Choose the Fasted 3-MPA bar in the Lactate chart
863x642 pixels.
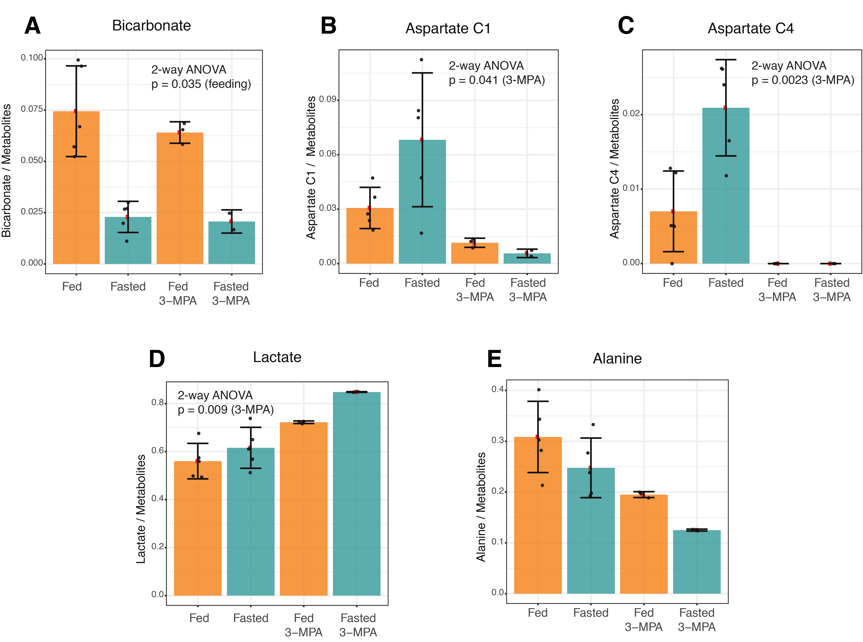[x=356, y=493]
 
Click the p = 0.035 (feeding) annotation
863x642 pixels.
[x=201, y=84]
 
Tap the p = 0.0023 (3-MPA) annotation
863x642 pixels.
[x=803, y=80]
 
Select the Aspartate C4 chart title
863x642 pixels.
[x=751, y=28]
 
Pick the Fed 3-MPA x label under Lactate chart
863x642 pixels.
[x=304, y=625]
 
